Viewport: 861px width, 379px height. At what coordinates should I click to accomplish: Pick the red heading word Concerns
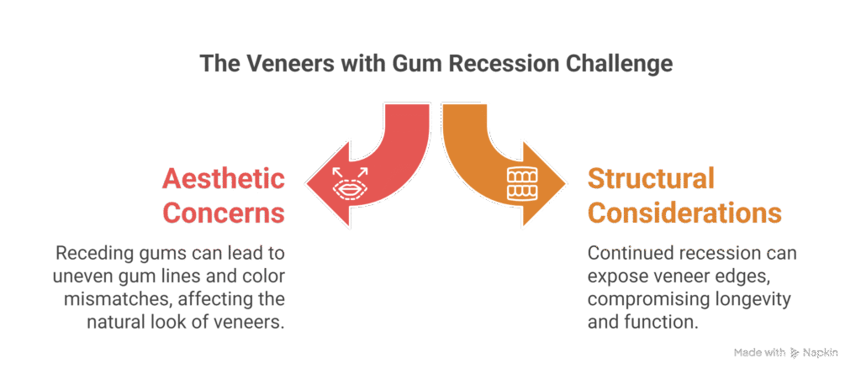[223, 212]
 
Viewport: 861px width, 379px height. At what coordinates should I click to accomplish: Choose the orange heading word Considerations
[684, 212]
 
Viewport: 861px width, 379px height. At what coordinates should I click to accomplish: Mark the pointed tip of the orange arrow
[565, 184]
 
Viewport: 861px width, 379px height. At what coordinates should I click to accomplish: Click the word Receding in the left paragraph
[92, 253]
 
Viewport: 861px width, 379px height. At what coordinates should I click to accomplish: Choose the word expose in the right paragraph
[615, 276]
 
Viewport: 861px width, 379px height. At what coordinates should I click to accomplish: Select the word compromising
[648, 300]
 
